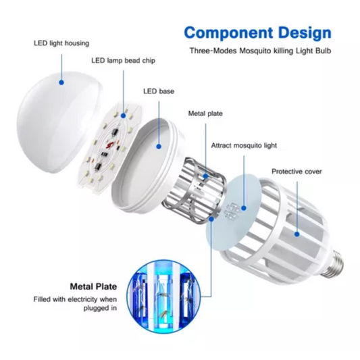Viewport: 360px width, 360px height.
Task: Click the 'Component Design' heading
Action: click(x=257, y=33)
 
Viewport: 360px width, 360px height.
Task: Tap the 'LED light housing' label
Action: click(x=61, y=43)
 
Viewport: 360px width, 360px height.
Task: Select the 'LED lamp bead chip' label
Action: click(x=124, y=61)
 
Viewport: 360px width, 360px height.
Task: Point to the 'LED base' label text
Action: click(x=159, y=91)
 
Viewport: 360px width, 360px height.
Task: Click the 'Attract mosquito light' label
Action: click(x=244, y=146)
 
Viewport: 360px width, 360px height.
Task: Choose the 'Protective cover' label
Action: click(x=297, y=172)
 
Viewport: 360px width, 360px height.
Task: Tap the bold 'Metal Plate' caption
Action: click(x=93, y=286)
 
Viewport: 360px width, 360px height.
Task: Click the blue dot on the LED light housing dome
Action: click(x=61, y=82)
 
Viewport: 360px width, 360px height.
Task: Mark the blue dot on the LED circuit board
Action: click(x=124, y=115)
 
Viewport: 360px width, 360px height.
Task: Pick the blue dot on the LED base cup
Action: click(x=159, y=147)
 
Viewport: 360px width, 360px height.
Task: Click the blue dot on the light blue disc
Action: click(x=244, y=208)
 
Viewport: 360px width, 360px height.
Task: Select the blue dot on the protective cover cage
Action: click(x=297, y=234)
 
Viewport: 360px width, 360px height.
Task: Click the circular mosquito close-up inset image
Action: click(x=163, y=297)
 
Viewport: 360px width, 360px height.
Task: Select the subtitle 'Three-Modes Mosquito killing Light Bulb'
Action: click(x=260, y=51)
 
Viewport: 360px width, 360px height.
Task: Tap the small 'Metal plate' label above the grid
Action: click(x=205, y=113)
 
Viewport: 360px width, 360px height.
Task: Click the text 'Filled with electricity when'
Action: click(x=75, y=299)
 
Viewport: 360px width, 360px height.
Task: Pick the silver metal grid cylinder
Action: click(x=194, y=191)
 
